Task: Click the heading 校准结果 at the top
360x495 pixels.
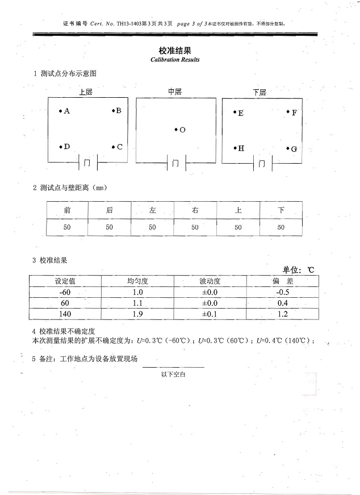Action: coord(174,51)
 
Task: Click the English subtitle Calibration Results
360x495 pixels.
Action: coord(174,60)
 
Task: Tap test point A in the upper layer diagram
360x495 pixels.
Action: coord(64,111)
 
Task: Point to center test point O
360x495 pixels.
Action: coord(179,130)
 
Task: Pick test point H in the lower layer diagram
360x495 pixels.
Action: coord(238,148)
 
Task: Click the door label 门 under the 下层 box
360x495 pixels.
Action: coord(261,164)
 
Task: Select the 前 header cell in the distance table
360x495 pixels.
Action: coord(67,210)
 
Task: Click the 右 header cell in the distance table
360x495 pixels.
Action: coord(195,210)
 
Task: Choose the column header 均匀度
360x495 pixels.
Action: coord(137,281)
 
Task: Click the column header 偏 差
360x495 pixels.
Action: coord(282,281)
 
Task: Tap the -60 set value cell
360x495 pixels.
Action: coord(65,292)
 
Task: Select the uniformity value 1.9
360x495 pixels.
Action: coord(137,314)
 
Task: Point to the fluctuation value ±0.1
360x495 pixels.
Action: coord(210,314)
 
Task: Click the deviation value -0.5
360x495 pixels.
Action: coord(282,292)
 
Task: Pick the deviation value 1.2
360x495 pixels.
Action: coord(282,314)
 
